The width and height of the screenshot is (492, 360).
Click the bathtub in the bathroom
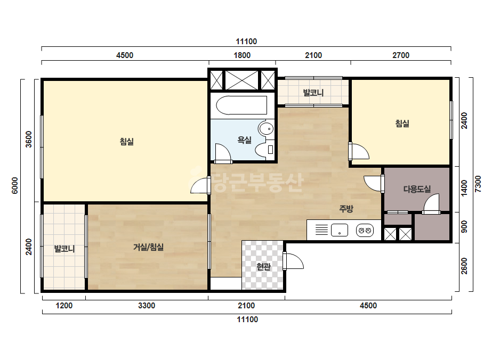pos(241,105)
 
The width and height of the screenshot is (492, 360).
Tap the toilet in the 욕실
pos(265,149)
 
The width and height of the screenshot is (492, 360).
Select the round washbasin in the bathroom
pos(266,128)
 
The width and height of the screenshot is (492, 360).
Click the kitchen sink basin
pos(340,230)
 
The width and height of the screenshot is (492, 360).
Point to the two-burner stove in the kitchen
pos(365,231)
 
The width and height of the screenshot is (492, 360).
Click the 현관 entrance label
pos(263,267)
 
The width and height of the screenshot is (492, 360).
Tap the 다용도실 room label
pos(417,189)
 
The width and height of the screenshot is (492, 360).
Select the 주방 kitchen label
pos(346,209)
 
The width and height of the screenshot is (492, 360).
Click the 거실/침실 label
pos(148,247)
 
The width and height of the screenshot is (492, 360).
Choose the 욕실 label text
pos(245,140)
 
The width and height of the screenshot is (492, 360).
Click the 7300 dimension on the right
pos(478,184)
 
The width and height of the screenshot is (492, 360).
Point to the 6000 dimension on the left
pos(15,185)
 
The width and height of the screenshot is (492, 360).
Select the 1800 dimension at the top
pos(242,55)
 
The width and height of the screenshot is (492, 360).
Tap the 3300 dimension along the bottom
pos(147,306)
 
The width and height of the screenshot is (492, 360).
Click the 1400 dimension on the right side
pos(464,188)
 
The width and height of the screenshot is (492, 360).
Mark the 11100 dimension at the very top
pos(246,42)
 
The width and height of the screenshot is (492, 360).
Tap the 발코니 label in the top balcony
pos(313,93)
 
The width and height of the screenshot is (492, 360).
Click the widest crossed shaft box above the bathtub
pos(242,80)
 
